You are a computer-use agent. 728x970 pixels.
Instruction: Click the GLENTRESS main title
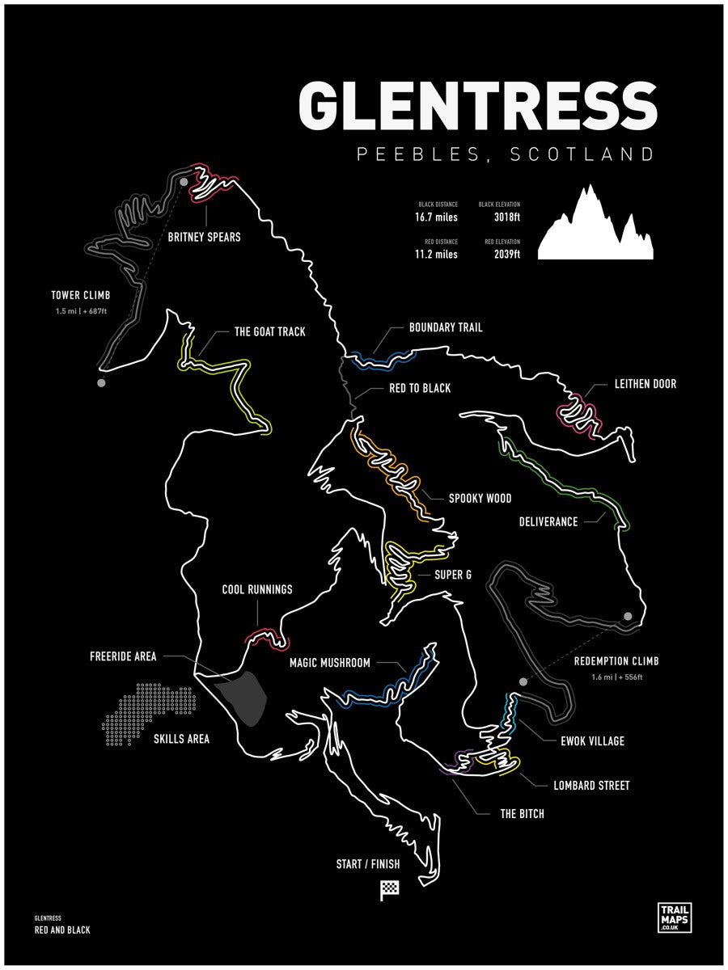(x=478, y=106)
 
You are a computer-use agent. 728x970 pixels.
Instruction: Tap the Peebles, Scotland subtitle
(x=506, y=154)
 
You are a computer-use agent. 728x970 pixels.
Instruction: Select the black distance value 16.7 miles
(x=437, y=217)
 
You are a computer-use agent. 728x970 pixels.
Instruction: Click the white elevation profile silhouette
(x=595, y=230)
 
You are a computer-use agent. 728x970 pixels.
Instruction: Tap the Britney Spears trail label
(x=204, y=238)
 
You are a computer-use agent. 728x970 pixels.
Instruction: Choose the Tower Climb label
(x=80, y=295)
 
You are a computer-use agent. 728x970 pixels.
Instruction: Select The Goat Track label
(x=270, y=331)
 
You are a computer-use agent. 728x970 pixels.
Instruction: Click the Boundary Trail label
(x=446, y=327)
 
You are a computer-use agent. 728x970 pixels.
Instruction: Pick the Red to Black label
(x=420, y=388)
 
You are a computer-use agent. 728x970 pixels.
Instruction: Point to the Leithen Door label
(x=645, y=384)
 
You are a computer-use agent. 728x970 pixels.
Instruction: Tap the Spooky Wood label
(x=480, y=498)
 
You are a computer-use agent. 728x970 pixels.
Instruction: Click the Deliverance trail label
(x=548, y=521)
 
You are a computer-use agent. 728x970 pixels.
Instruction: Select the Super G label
(x=453, y=575)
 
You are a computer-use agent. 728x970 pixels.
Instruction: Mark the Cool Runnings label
(x=257, y=589)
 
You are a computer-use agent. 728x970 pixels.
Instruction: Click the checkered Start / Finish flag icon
(x=390, y=890)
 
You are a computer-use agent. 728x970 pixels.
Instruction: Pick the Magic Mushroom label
(x=330, y=663)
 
